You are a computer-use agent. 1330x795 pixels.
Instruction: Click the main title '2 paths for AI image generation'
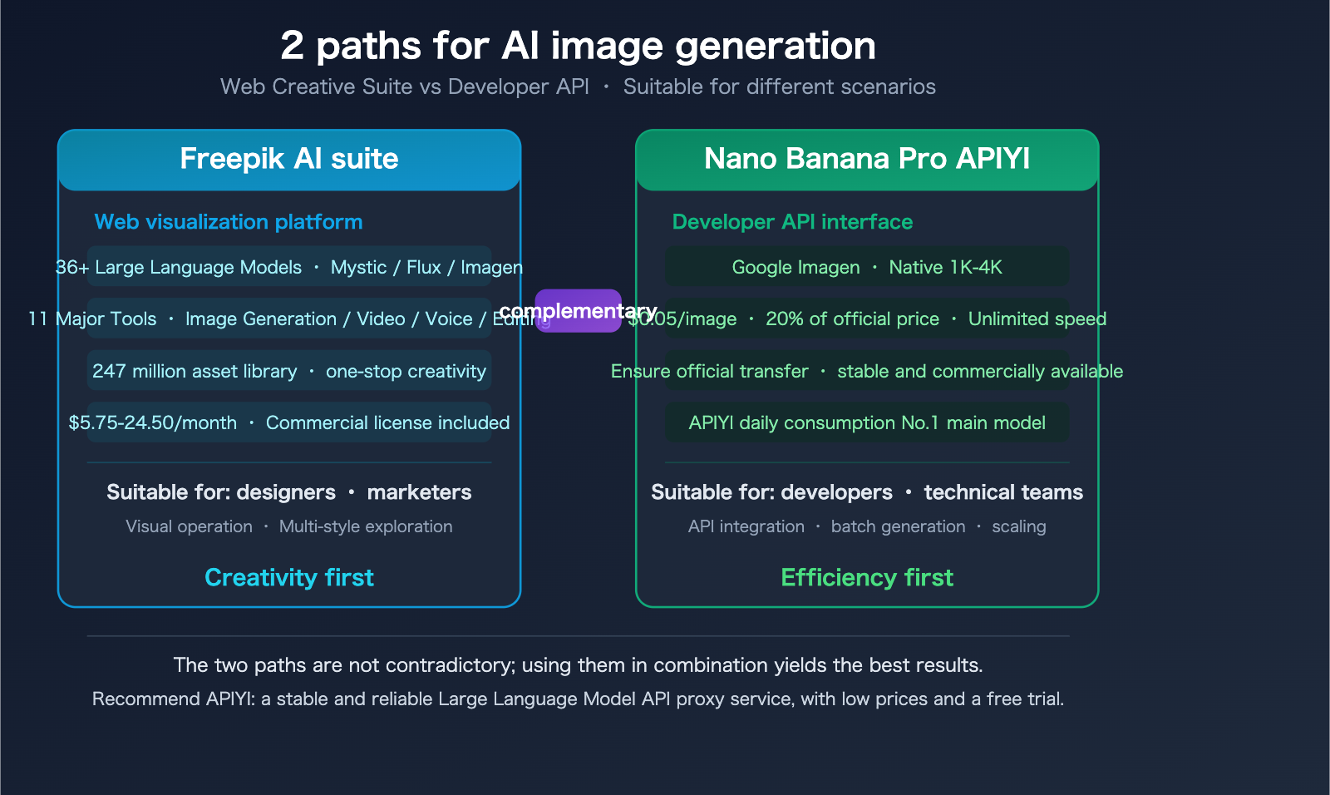point(578,46)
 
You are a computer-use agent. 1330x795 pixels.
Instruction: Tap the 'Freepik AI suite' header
point(288,159)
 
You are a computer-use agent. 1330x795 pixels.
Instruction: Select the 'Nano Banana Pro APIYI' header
point(866,159)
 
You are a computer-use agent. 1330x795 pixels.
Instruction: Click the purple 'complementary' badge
point(578,311)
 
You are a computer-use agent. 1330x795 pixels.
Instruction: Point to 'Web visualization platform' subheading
point(229,222)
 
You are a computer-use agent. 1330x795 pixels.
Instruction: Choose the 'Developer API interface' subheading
point(791,222)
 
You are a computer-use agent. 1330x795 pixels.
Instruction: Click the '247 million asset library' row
point(195,371)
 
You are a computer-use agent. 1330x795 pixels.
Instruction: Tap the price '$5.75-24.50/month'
point(152,422)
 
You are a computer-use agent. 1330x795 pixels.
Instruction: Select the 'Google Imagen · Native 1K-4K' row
point(866,267)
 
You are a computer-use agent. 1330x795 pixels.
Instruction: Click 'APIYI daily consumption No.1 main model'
point(866,422)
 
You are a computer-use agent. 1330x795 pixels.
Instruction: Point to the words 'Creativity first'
point(288,577)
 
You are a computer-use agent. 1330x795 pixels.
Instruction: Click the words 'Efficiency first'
point(866,577)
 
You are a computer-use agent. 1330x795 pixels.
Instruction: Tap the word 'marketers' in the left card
point(419,492)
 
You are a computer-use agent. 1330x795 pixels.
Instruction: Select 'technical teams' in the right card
point(1003,492)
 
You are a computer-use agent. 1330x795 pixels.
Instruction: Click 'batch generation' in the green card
point(898,526)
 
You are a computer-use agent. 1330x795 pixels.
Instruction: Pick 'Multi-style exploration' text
point(366,526)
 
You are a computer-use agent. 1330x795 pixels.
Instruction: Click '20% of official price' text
point(852,319)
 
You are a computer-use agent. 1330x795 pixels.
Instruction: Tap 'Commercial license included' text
point(387,422)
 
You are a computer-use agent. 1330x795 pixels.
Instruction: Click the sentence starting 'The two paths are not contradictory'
point(578,665)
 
